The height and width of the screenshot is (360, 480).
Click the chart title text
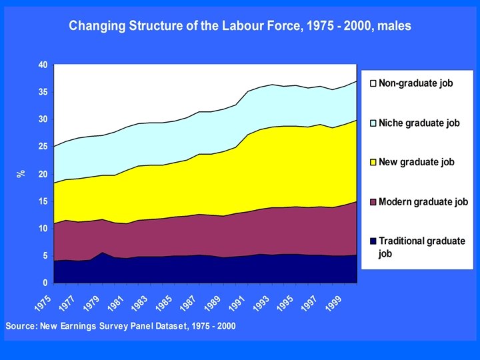click(x=240, y=26)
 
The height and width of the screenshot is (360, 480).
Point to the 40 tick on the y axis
click(x=42, y=65)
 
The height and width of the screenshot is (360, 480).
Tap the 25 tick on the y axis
click(x=42, y=147)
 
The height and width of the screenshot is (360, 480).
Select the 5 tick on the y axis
click(x=44, y=256)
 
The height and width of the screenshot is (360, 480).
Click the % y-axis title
click(x=20, y=174)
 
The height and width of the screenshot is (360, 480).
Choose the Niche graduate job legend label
click(x=419, y=123)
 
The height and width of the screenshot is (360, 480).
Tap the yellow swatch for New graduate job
click(x=373, y=162)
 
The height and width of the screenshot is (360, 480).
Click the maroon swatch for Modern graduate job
click(x=373, y=201)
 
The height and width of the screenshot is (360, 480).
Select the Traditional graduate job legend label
click(x=421, y=247)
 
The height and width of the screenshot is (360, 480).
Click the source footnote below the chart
click(x=120, y=326)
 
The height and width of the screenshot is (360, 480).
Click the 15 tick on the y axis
click(x=42, y=201)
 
